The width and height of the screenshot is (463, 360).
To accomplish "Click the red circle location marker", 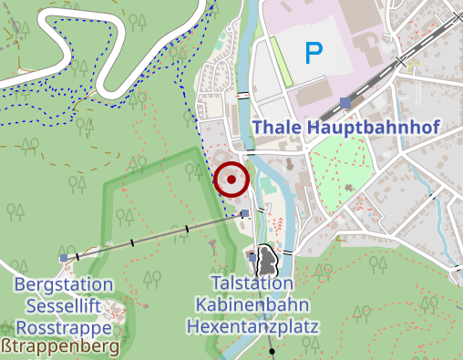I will (231, 180).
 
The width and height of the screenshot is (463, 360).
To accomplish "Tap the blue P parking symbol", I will (314, 54).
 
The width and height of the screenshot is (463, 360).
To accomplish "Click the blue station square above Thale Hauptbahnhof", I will (345, 103).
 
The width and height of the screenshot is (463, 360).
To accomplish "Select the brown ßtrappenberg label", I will (61, 347).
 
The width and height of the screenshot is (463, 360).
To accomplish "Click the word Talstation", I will (250, 283).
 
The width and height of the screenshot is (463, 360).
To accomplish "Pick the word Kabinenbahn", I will (252, 304).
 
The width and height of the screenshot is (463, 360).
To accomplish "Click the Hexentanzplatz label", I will (252, 325).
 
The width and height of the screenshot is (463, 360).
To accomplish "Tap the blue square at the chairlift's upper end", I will (63, 258).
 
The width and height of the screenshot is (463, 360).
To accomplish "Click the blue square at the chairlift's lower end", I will (244, 214).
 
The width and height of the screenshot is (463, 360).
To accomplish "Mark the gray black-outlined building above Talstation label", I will (267, 261).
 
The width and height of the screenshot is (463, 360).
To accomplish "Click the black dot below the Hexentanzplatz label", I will (273, 351).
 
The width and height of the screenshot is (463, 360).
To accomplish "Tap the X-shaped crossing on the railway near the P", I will (402, 62).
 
